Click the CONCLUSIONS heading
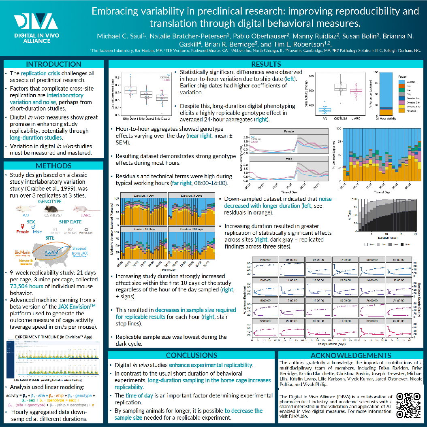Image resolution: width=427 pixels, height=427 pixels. pos(192,355)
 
